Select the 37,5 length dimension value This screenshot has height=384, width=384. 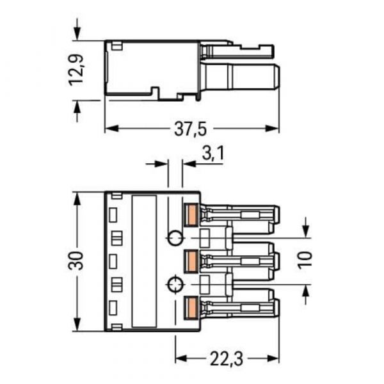[191, 129]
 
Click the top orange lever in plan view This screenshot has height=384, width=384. [190, 214]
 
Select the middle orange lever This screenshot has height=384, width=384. [190, 260]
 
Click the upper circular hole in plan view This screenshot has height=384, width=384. [173, 239]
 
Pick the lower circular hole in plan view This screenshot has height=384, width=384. [173, 285]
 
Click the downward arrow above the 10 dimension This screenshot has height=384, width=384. [305, 228]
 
